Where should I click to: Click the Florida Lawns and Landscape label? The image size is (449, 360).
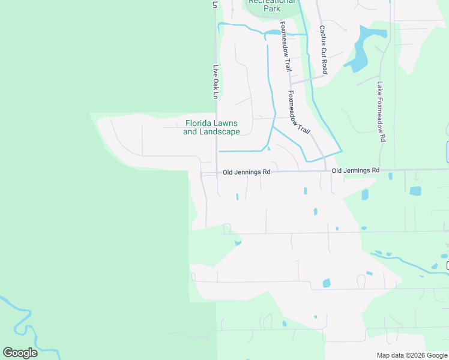coord(211,127)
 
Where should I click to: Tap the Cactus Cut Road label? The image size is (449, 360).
coord(323,49)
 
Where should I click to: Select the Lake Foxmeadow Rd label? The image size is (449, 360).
coord(381,112)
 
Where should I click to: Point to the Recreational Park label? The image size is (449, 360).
coord(272,5)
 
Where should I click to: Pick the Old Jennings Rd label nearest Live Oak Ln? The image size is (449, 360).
coord(246,172)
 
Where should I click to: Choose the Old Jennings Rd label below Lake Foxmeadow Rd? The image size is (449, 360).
coord(355,171)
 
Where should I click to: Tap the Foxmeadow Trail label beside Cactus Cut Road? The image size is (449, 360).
coord(285,47)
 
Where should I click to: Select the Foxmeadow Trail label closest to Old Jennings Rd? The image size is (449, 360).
coord(299,112)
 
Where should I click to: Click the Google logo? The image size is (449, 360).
coord(20,353)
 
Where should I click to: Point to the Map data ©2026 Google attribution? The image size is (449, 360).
coord(412,355)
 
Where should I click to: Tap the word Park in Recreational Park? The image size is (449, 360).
coord(272,9)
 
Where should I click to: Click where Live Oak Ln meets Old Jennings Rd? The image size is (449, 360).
coord(217,172)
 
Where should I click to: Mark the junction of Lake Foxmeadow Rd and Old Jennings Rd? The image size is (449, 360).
coord(394,170)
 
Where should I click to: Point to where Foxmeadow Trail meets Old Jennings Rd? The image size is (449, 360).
coord(325,171)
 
